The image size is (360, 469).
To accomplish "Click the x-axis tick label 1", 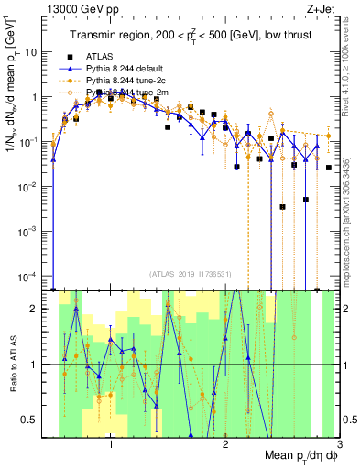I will point(111,445).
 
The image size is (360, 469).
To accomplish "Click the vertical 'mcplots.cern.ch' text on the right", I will point(352,211).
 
